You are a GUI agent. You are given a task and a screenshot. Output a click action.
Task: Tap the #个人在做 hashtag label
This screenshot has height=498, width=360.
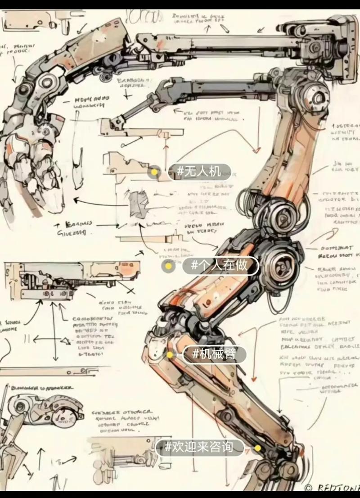coord(220,266)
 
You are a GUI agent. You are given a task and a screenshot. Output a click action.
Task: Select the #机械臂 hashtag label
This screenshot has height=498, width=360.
coord(215,354)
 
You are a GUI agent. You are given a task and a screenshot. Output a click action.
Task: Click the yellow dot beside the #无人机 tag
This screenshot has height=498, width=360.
coord(155,172)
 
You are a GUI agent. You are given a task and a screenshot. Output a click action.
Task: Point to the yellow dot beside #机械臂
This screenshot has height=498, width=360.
coord(170,355)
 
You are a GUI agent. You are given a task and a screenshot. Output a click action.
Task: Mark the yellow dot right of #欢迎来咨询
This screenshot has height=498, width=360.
coord(257,448)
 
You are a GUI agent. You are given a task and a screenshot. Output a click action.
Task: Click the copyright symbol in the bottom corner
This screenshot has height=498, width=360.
coord(309,487)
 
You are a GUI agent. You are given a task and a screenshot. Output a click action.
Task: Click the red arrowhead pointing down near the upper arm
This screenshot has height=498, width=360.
coord(256,150)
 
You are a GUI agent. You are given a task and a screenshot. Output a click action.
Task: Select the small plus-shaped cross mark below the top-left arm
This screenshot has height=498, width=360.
coord(129,96)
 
